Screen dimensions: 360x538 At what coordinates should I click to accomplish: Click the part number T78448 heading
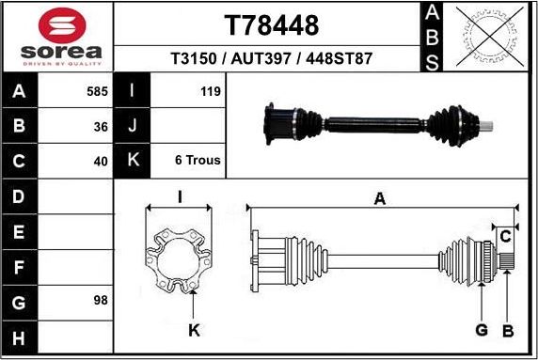(x=271, y=24)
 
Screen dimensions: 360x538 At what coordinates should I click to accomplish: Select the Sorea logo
(x=56, y=38)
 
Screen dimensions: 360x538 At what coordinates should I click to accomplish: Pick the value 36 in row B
(x=101, y=126)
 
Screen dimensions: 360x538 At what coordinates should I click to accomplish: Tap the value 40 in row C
(x=101, y=160)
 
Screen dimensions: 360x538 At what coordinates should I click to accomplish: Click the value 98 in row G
(x=101, y=300)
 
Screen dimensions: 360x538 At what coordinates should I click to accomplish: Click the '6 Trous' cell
(x=198, y=160)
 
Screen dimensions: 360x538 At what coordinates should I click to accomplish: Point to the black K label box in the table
(x=132, y=160)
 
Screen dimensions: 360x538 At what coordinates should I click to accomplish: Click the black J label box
(x=132, y=126)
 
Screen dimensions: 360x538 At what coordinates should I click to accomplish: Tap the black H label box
(x=19, y=337)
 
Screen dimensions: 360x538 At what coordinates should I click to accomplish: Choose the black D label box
(x=19, y=196)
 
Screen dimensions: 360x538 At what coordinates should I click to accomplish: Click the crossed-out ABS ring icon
(x=488, y=37)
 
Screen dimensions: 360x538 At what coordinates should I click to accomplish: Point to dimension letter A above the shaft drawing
(x=380, y=198)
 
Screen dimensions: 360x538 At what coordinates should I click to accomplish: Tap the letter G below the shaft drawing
(x=481, y=329)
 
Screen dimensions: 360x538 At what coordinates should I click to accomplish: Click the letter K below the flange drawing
(x=193, y=329)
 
